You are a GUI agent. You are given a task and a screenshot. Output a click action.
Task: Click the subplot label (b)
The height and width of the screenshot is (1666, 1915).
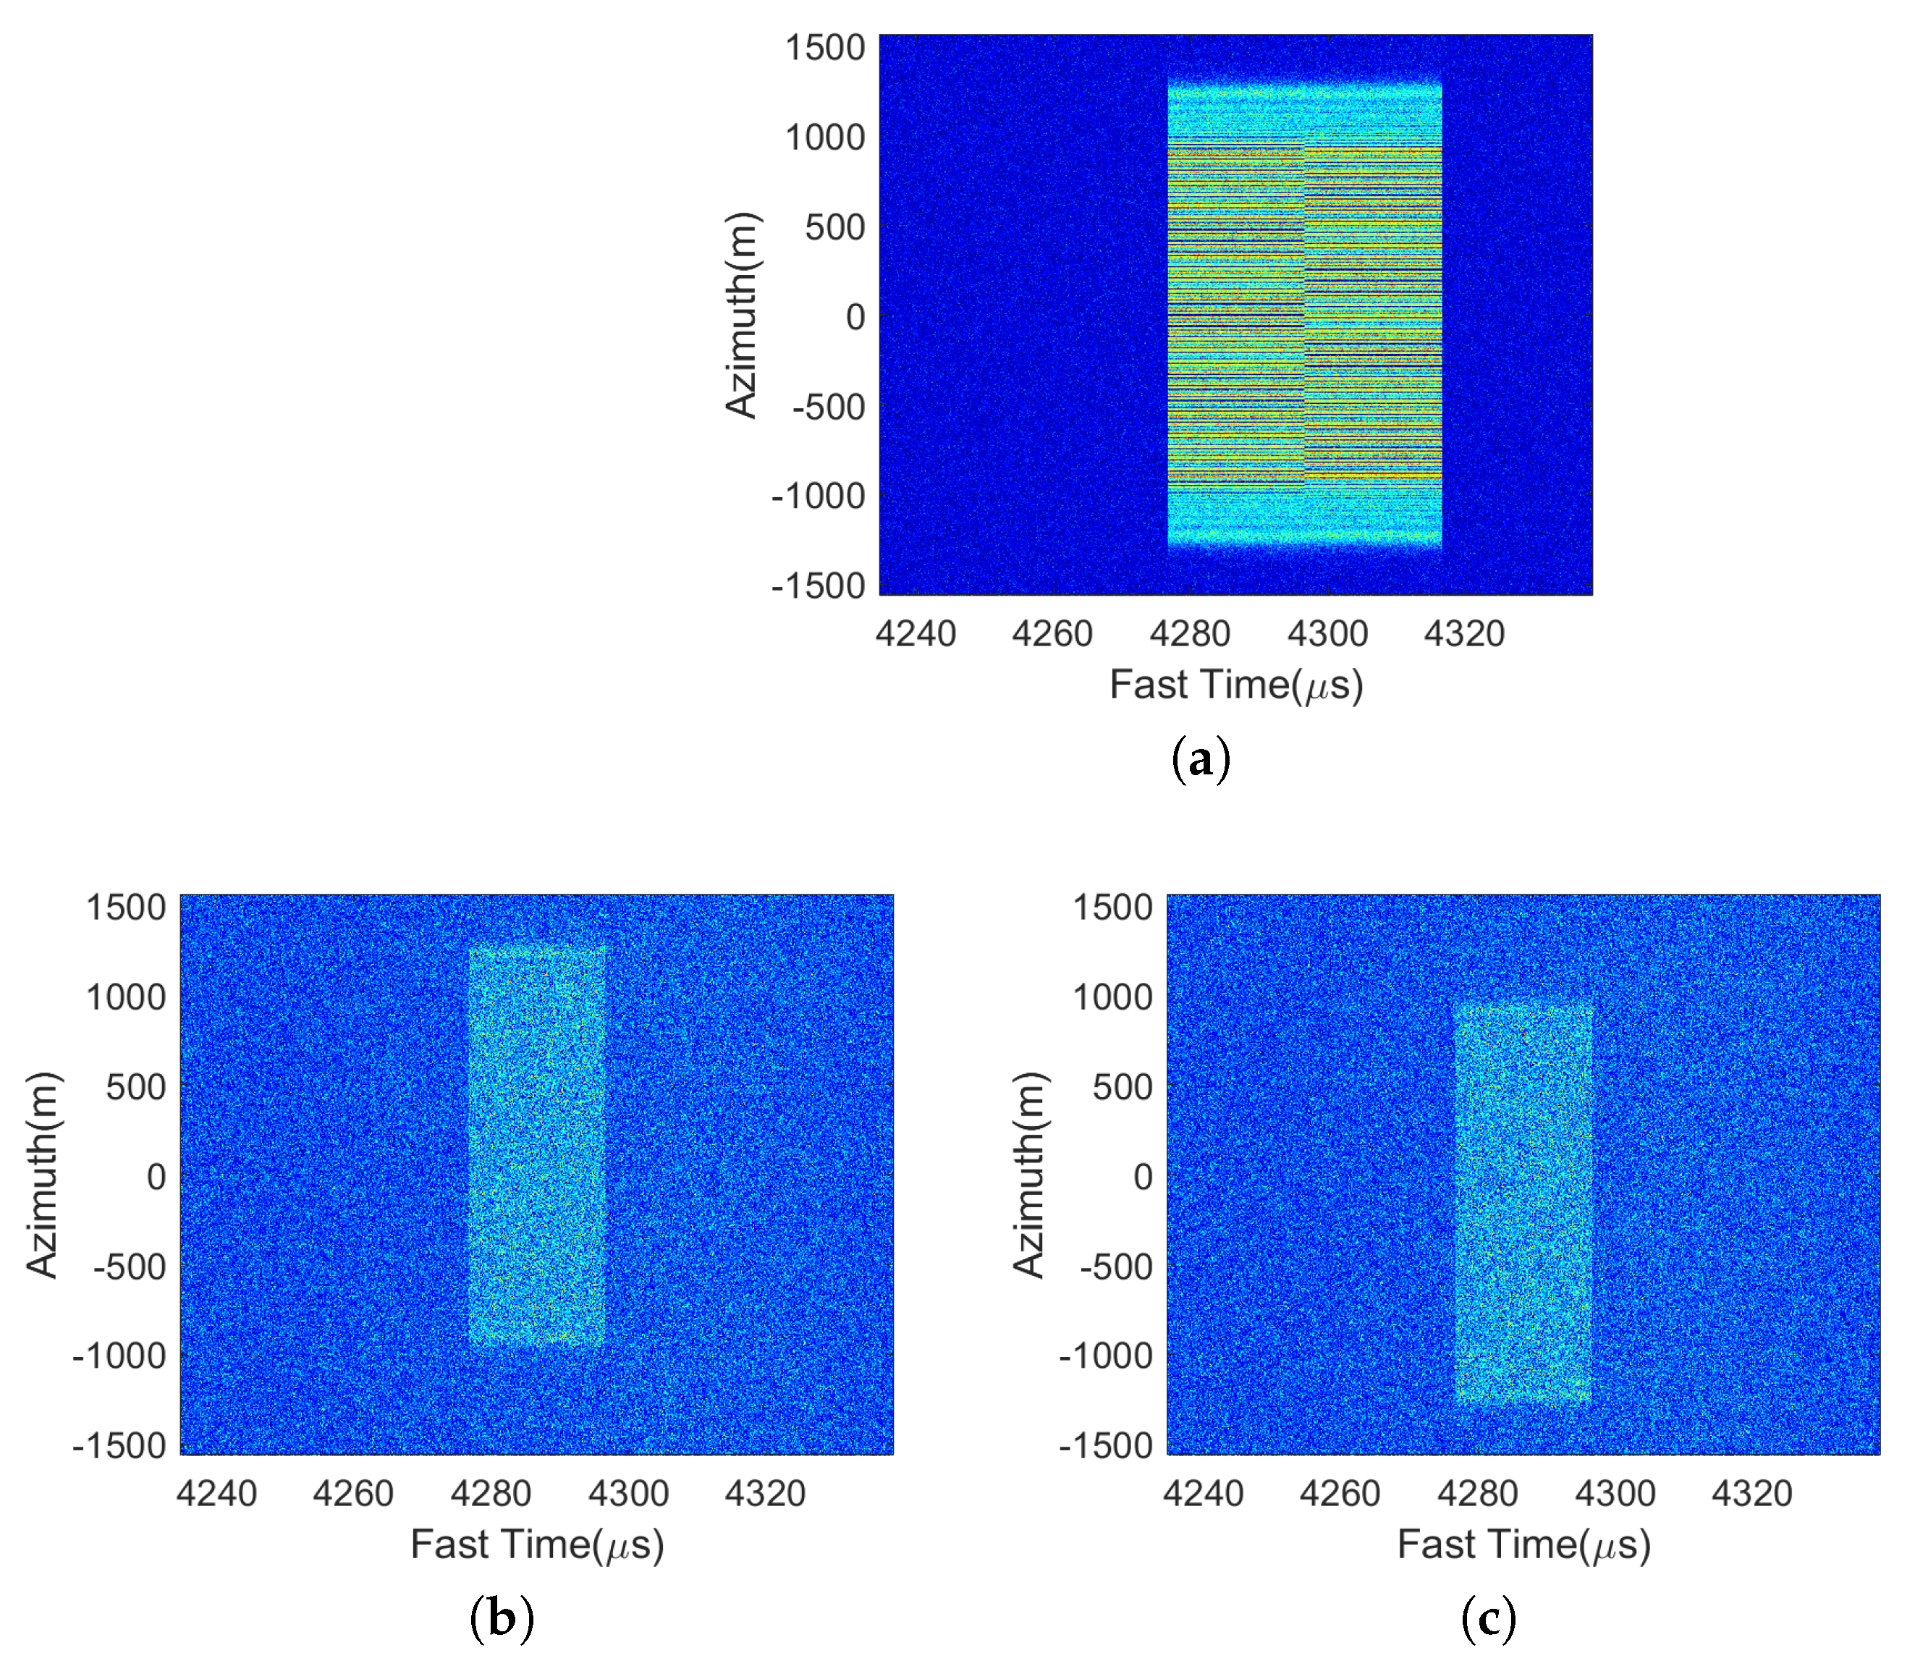502,1618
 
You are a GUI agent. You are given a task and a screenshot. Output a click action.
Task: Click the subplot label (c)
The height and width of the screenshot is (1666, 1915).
1488,1618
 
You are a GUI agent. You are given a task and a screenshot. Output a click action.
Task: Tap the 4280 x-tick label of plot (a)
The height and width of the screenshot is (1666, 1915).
1190,634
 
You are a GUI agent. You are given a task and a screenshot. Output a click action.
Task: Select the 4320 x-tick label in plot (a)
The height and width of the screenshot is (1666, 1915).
1464,634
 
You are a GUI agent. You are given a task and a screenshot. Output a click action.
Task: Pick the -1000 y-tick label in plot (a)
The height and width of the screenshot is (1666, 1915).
818,496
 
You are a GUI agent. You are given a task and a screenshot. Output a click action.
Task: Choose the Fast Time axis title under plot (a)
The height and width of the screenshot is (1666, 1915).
1235,685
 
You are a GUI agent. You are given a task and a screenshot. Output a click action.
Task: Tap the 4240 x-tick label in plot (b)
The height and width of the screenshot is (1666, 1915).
216,1494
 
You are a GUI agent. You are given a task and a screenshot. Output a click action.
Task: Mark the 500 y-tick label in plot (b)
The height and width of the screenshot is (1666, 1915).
136,1087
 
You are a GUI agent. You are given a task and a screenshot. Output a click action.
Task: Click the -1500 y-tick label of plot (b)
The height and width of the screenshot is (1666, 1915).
119,1446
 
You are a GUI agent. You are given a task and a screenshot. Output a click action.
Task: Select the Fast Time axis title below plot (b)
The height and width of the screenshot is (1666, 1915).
536,1545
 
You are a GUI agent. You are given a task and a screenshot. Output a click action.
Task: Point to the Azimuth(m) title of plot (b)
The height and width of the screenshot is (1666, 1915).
43,1175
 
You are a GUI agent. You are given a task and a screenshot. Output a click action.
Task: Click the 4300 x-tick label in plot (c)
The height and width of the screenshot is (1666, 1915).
1615,1494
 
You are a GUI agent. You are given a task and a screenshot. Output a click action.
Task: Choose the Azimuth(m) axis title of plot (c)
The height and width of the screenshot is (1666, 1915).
1029,1175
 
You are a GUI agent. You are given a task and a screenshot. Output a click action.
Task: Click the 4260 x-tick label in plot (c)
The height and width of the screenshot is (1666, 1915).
1340,1494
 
